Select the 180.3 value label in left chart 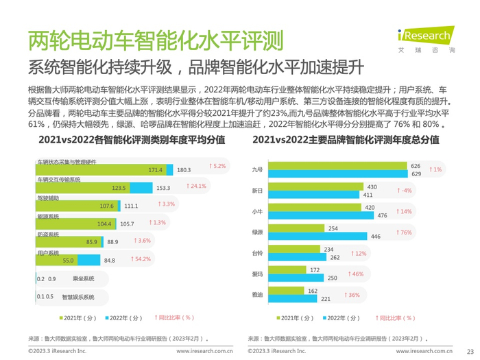point(184,170)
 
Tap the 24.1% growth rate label point(197,187)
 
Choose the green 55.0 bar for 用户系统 point(55,260)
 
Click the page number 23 point(470,350)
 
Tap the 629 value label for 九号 point(416,174)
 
